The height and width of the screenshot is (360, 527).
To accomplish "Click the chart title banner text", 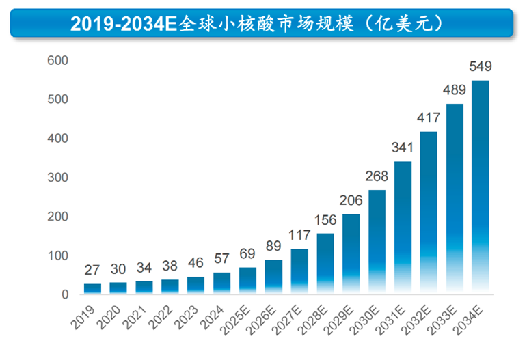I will coord(262,24).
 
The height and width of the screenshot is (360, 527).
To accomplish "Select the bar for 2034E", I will coord(481,188).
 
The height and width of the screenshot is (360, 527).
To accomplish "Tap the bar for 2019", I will coord(92,289).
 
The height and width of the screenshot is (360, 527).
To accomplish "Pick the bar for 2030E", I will coord(377,242).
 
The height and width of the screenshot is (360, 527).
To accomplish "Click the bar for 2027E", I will coord(299,271).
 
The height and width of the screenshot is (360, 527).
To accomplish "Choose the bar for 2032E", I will coord(429,212).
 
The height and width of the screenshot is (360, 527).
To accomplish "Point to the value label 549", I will coord(481,67).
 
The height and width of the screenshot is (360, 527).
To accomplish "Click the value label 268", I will coord(377,176).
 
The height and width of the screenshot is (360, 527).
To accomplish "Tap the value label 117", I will coord(299,235).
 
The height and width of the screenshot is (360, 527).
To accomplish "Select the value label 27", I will coord(92,270).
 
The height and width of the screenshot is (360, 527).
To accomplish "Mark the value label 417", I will coord(429,118).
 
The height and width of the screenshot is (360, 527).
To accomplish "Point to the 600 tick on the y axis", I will coord(58,61).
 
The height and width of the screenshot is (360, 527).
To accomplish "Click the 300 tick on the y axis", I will coord(58,178).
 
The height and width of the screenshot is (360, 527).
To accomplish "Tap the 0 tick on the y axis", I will coord(65,294).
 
